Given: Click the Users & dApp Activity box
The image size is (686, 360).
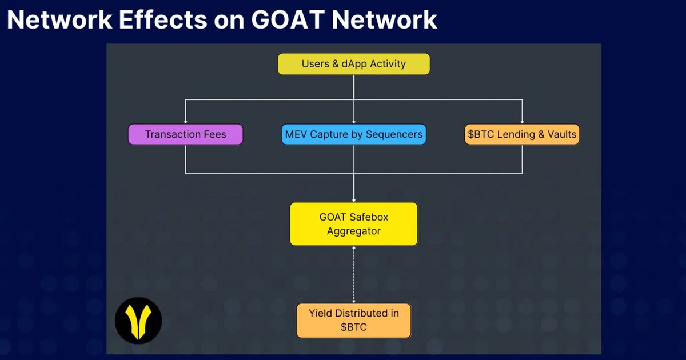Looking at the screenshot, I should point(353,64).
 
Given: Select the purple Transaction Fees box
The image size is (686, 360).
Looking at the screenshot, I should point(185,135).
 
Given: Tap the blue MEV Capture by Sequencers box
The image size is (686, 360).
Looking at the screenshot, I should point(354,135).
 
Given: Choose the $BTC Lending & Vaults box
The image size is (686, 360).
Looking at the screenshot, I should point(521,135).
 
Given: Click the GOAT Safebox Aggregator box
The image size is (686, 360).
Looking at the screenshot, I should point(354,224).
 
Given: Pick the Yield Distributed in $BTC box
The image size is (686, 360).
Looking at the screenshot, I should point(354,320).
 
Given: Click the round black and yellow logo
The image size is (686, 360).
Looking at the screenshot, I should point(138,321).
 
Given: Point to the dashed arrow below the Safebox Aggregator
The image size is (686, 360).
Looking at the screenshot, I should point(354,274).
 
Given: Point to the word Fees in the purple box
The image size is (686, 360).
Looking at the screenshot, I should point(214,135).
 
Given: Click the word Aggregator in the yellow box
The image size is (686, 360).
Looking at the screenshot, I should point(354,231).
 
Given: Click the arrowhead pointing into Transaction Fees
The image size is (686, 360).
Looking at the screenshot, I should point(185,122).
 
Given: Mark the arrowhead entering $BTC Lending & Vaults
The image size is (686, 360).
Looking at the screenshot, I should point(521,122).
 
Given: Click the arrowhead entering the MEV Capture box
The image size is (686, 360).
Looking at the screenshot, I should point(354,122).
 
